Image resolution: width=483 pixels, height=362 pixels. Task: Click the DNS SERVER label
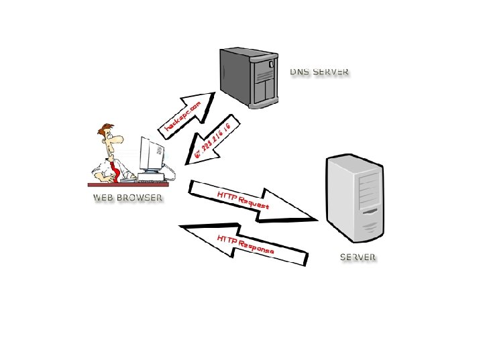coord(319,72)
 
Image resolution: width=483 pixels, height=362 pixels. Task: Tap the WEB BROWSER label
coord(127,198)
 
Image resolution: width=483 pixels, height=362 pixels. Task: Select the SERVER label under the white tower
coord(358,257)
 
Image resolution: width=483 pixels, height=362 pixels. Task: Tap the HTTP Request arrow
coord(252,200)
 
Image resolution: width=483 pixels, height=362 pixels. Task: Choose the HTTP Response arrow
coord(245,245)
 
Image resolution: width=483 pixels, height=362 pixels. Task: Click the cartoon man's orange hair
coord(105,129)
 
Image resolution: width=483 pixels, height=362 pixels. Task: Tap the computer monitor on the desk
coord(152,154)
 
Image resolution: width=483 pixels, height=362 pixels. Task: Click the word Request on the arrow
coord(254,202)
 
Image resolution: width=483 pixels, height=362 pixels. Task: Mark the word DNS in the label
coord(299,72)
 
